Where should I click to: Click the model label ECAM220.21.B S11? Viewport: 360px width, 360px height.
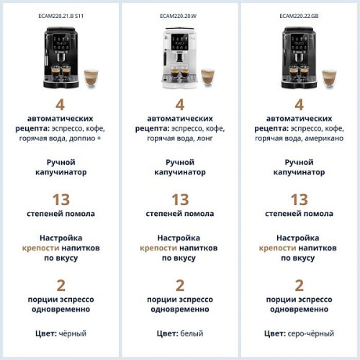[60, 15]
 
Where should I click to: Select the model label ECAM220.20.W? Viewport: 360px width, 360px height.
[179, 15]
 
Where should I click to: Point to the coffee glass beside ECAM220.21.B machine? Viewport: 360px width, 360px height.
[91, 77]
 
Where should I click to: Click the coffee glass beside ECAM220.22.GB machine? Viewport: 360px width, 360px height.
[328, 77]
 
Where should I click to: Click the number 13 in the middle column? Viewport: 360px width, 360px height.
[179, 199]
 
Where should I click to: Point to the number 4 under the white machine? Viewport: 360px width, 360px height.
[179, 104]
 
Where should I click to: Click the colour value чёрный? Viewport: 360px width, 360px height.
[71, 333]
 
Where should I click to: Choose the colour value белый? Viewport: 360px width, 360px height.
[192, 333]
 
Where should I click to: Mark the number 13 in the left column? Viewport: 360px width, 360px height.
[60, 199]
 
